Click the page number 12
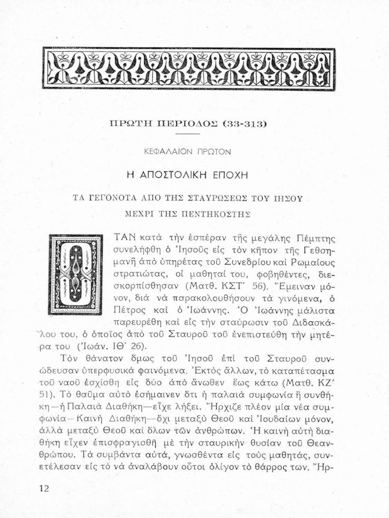coord(45,488)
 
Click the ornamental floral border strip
coord(189,68)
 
